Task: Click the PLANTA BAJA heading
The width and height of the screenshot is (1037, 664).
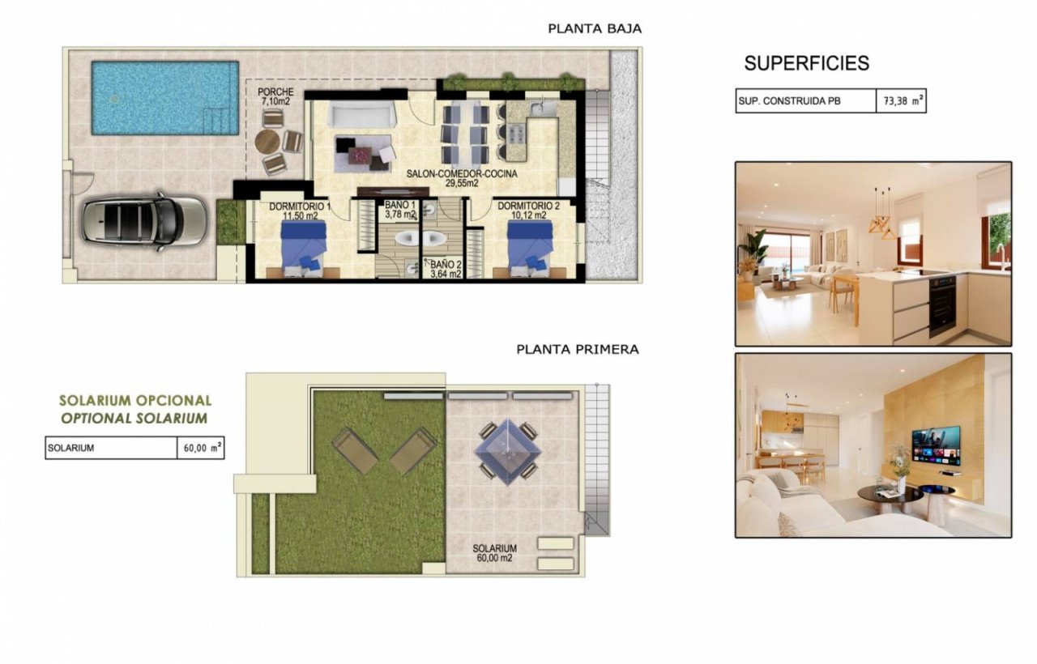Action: (595, 28)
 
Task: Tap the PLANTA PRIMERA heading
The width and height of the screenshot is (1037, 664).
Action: (578, 349)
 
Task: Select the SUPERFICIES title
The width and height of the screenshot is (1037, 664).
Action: (806, 63)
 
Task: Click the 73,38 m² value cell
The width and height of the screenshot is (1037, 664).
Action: (901, 101)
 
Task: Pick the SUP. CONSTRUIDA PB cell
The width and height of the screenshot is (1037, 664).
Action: (806, 101)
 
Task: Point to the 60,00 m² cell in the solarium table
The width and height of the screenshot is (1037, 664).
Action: (201, 448)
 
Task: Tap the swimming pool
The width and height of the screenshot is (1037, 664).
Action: (165, 98)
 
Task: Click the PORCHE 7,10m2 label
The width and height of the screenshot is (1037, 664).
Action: (275, 96)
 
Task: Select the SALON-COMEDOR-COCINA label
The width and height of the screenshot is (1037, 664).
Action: (462, 174)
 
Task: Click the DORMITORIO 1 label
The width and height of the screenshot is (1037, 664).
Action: (300, 206)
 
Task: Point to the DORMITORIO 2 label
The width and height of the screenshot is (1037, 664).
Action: (528, 206)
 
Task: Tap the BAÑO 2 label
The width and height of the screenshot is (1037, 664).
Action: (446, 265)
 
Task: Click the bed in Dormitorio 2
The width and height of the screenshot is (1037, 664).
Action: (530, 248)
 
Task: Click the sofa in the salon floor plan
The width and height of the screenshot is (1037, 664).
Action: (362, 115)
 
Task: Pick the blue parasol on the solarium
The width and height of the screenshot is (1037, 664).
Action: (508, 452)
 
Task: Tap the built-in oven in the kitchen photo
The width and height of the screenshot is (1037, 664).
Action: (942, 305)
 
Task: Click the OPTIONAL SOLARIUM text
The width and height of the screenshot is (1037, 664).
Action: (134, 419)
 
